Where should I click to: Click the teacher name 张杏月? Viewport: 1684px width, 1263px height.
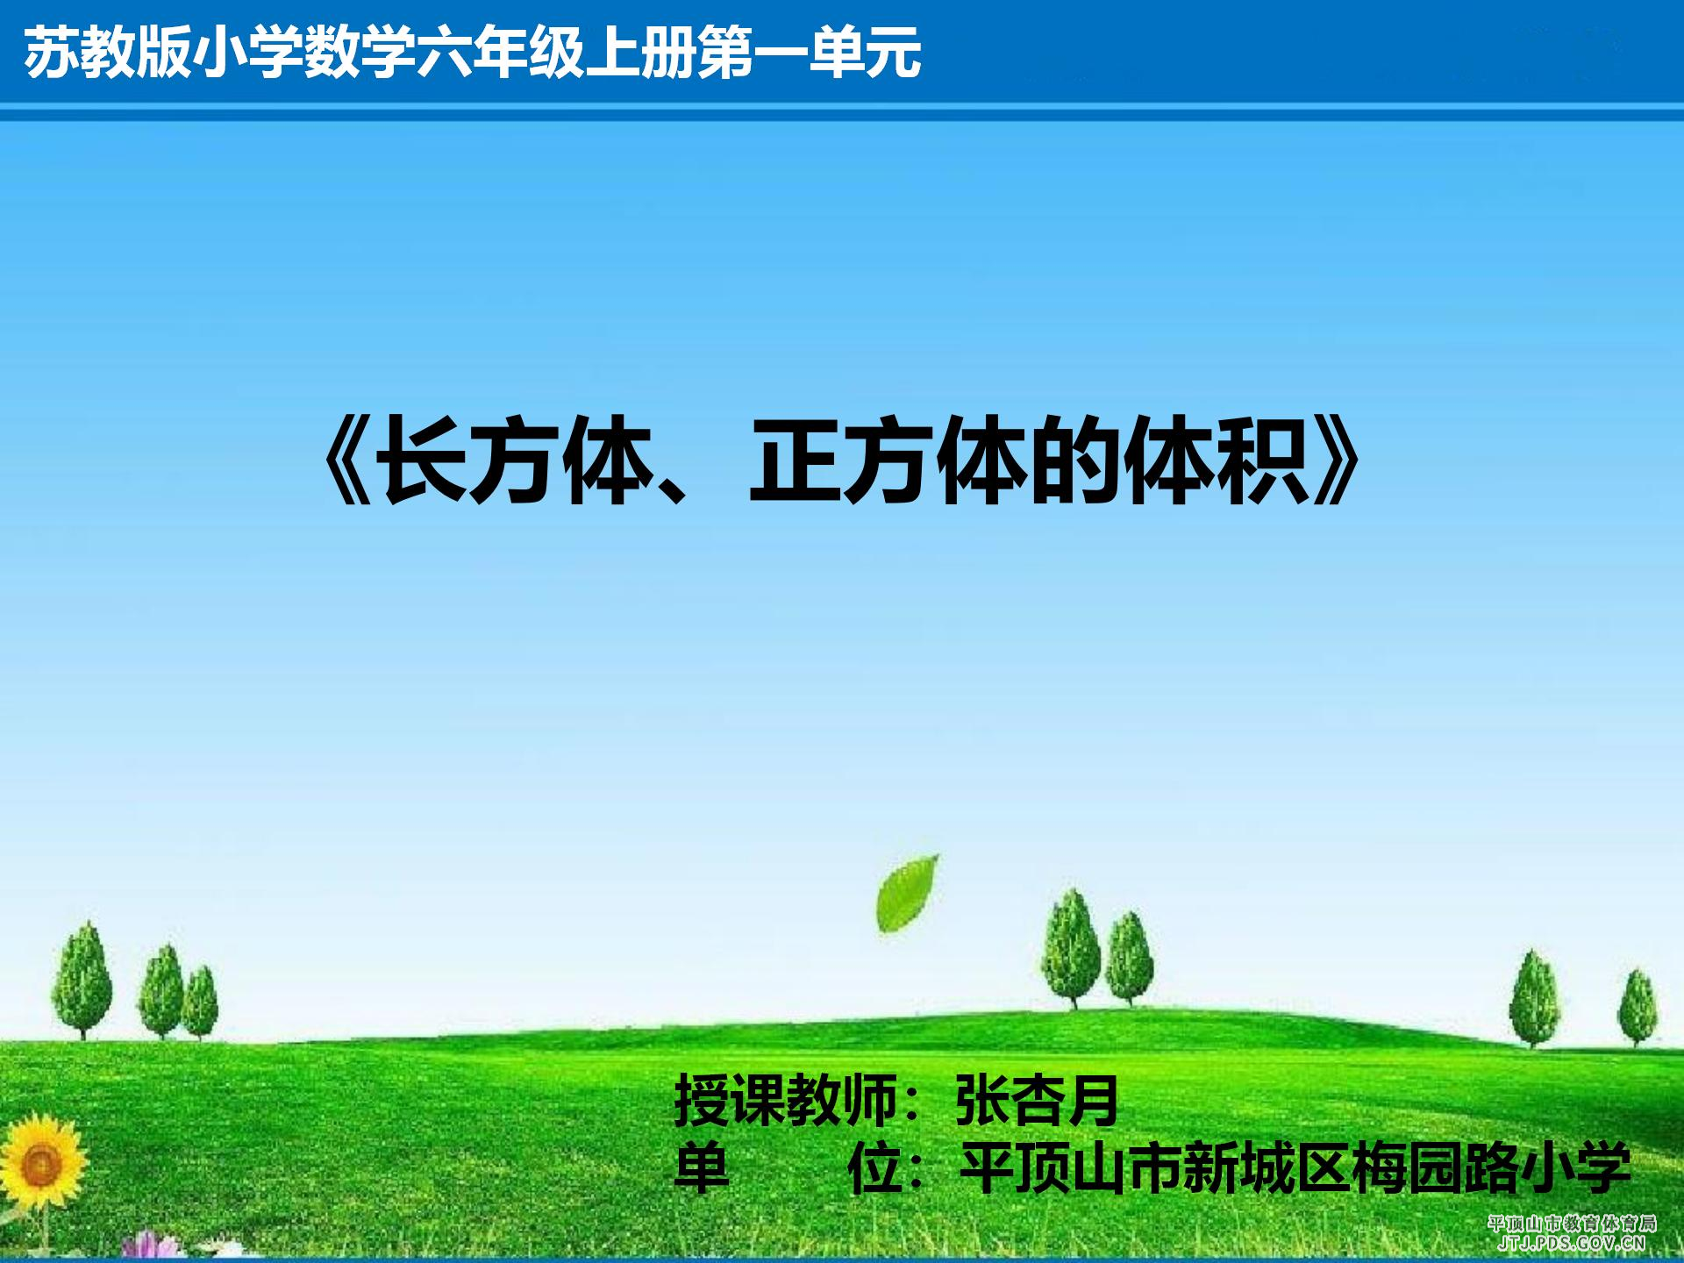point(1037,1101)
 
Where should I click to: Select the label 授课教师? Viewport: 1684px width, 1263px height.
point(786,1101)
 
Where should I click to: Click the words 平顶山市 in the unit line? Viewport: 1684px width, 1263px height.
point(1071,1168)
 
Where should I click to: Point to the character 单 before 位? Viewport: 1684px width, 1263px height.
point(701,1168)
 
